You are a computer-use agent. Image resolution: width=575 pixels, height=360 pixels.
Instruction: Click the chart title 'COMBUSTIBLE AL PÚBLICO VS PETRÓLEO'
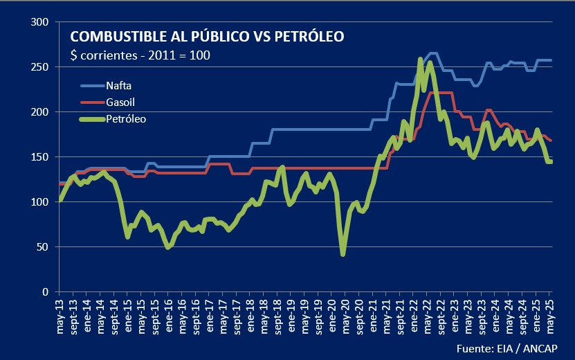click(x=207, y=36)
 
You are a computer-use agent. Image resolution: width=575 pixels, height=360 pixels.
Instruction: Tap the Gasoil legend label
click(x=120, y=102)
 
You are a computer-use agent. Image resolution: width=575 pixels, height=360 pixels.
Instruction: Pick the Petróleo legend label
click(x=125, y=119)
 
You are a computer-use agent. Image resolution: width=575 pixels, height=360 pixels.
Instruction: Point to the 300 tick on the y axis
click(x=40, y=22)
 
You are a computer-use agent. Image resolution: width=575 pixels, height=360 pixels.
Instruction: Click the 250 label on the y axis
click(x=40, y=67)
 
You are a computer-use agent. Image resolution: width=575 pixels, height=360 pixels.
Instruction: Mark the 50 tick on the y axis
click(x=43, y=247)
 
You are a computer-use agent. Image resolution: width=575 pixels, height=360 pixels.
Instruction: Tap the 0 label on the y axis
click(x=46, y=292)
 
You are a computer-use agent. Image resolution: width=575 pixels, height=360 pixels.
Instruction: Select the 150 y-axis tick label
click(x=40, y=157)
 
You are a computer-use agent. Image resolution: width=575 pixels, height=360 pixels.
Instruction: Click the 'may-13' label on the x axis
click(x=61, y=316)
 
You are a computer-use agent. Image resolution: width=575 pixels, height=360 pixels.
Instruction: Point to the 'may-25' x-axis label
click(x=550, y=316)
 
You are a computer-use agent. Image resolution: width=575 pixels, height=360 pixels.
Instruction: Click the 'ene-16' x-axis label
click(x=170, y=316)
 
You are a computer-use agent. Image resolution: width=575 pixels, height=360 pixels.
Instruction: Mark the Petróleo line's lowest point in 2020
click(x=343, y=254)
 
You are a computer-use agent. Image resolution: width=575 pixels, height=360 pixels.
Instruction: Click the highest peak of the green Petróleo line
click(x=421, y=60)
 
